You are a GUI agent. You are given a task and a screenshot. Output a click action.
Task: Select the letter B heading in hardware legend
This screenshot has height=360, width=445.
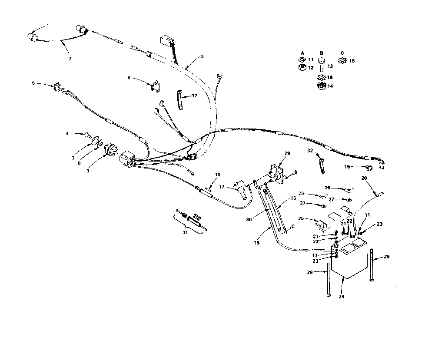pos(321,53)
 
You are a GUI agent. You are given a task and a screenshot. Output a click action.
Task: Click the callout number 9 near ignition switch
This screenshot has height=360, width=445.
pos(88,171)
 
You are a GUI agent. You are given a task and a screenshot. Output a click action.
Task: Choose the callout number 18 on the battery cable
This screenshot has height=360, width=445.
pos(256,243)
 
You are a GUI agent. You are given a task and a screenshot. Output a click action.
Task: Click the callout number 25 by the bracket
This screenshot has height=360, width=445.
pos(301,218)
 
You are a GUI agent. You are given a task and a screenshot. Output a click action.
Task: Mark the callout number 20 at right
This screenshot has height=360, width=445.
pos(364,178)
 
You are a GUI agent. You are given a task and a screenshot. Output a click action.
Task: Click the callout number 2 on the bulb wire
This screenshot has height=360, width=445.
pos(70,58)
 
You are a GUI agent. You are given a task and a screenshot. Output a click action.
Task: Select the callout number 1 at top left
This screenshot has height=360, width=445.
pos(48,26)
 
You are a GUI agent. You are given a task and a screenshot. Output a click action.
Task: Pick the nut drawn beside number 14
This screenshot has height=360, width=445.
pos(322,86)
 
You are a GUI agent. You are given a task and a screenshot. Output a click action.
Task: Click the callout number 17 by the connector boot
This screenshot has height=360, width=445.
pos(222,187)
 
